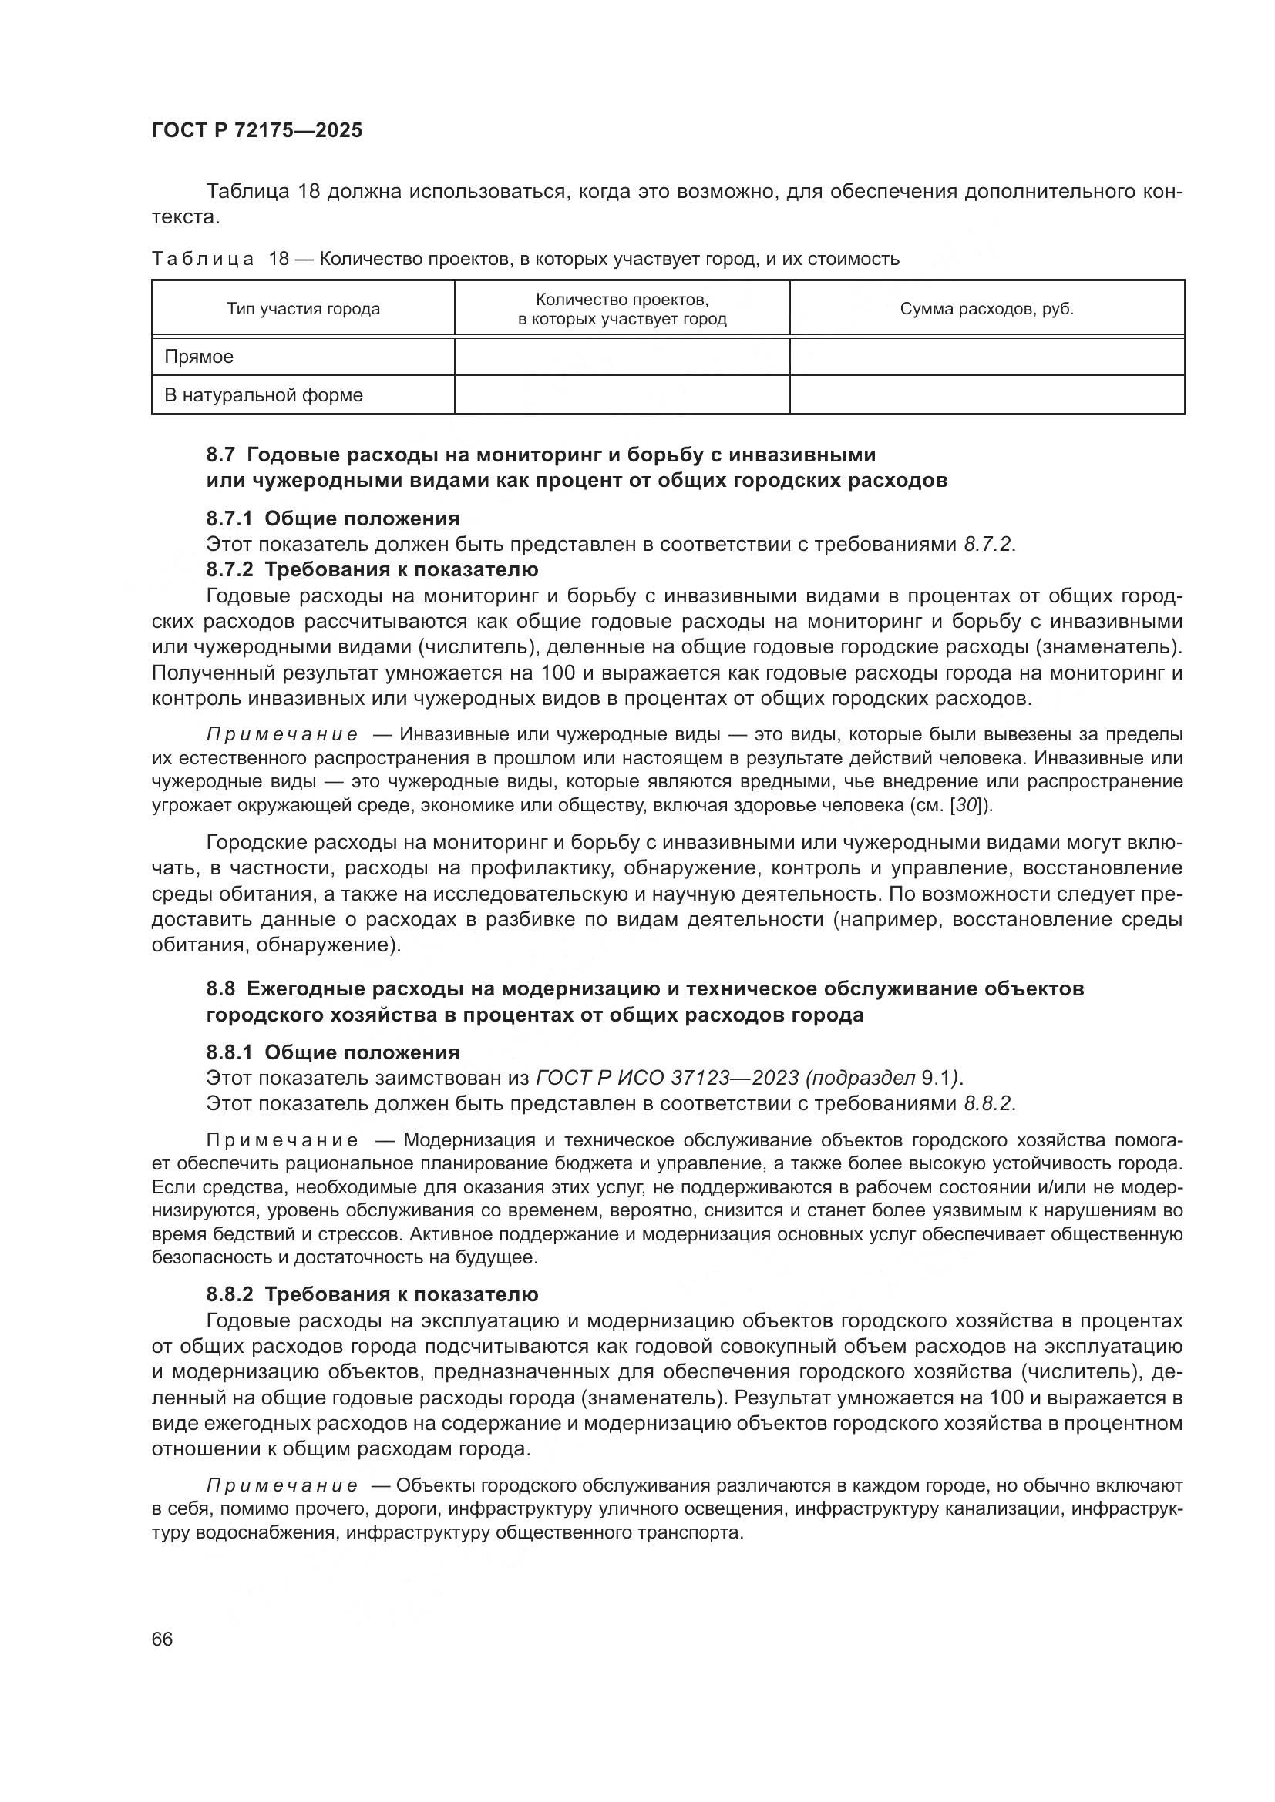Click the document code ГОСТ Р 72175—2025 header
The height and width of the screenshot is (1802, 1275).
click(257, 131)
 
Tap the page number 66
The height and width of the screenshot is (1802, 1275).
click(162, 1639)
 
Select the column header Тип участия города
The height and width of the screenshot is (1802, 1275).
click(303, 309)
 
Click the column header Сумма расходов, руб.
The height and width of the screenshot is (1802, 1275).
click(986, 309)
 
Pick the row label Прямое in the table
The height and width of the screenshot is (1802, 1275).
click(199, 357)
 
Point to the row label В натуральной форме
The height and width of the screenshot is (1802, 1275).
click(263, 394)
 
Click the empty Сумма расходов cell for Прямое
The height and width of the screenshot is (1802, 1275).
click(986, 357)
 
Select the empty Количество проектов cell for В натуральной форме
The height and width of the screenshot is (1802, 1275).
click(622, 394)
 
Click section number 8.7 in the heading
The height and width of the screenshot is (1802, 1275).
click(220, 455)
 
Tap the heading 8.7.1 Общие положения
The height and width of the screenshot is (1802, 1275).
click(333, 518)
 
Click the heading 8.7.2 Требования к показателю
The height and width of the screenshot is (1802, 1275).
click(372, 569)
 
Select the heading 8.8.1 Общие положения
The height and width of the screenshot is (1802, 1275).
click(333, 1052)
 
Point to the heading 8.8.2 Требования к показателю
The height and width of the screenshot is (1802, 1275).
click(372, 1294)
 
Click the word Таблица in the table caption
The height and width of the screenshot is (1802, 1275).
click(203, 259)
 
